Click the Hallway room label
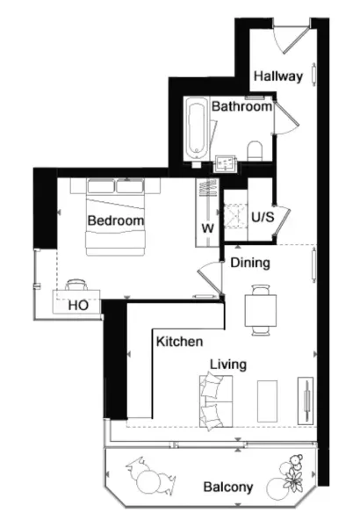click(x=278, y=76)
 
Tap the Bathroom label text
click(x=241, y=106)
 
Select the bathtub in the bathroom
click(x=197, y=130)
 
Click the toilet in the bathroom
click(x=255, y=151)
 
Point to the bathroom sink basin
click(x=225, y=163)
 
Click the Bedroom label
click(x=116, y=220)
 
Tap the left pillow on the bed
click(x=100, y=186)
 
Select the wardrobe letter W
click(x=208, y=228)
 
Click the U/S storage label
click(x=263, y=217)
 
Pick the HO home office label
click(x=78, y=306)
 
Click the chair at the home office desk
click(x=76, y=285)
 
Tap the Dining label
click(x=250, y=263)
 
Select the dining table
click(x=261, y=310)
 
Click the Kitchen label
click(x=179, y=342)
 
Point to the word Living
click(x=228, y=365)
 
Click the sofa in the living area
click(x=216, y=401)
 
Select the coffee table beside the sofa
click(x=267, y=401)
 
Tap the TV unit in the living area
click(x=306, y=401)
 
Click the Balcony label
click(x=228, y=487)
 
